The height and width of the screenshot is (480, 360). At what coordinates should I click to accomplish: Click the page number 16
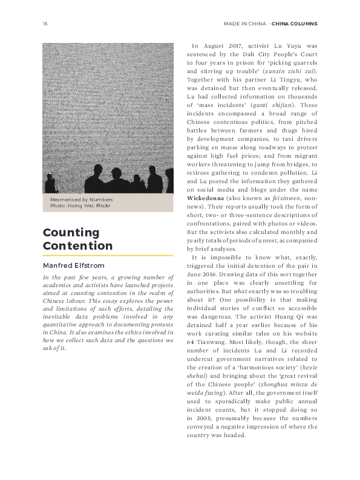[x=45, y=24]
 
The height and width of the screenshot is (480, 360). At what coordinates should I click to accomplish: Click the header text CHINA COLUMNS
[x=295, y=24]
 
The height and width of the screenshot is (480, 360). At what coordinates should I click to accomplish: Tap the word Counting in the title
[x=71, y=232]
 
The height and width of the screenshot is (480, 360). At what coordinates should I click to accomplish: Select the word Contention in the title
[x=77, y=245]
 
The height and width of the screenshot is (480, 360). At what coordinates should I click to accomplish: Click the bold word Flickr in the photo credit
[x=103, y=206]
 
